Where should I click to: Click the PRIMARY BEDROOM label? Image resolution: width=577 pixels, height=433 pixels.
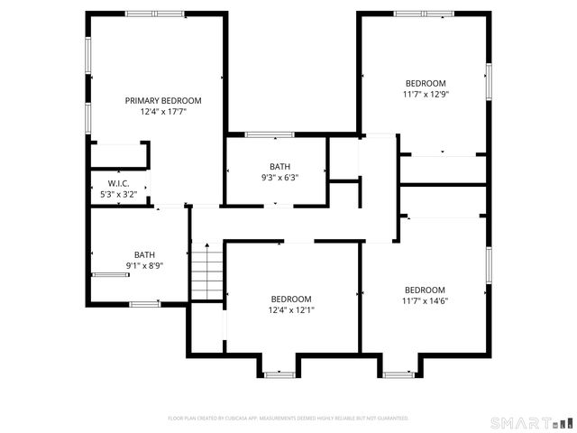pyautogui.click(x=163, y=101)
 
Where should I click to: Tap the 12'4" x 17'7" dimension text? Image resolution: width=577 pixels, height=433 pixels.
pyautogui.click(x=163, y=113)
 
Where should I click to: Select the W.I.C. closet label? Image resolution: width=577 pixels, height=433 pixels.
pyautogui.click(x=119, y=183)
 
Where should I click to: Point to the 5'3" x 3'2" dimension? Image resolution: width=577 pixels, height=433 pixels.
pyautogui.click(x=119, y=194)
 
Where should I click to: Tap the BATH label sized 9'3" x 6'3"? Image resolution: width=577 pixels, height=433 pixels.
pyautogui.click(x=279, y=166)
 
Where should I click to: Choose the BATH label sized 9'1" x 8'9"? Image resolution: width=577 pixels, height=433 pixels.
pyautogui.click(x=144, y=254)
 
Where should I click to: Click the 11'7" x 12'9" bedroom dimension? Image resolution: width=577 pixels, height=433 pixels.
pyautogui.click(x=425, y=94)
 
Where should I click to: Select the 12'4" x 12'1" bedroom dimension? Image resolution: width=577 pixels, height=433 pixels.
pyautogui.click(x=292, y=310)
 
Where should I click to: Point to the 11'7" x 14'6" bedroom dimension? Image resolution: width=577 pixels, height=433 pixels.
pyautogui.click(x=425, y=301)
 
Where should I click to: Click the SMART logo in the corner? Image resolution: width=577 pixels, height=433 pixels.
pyautogui.click(x=531, y=422)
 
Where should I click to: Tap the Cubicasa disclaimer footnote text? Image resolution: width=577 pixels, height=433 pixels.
pyautogui.click(x=288, y=419)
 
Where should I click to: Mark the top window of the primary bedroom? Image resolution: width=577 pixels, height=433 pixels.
pyautogui.click(x=155, y=14)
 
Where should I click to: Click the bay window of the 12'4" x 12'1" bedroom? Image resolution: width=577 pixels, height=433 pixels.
pyautogui.click(x=280, y=373)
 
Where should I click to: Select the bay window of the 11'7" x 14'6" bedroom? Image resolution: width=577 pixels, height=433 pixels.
pyautogui.click(x=398, y=373)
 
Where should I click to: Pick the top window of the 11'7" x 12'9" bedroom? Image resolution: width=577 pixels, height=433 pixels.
pyautogui.click(x=424, y=14)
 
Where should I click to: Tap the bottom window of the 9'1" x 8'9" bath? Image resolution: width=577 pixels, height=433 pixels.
pyautogui.click(x=144, y=302)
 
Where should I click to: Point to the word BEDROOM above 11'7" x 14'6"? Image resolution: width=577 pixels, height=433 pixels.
pyautogui.click(x=425, y=290)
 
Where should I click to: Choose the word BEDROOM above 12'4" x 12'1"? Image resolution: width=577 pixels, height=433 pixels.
pyautogui.click(x=291, y=299)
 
